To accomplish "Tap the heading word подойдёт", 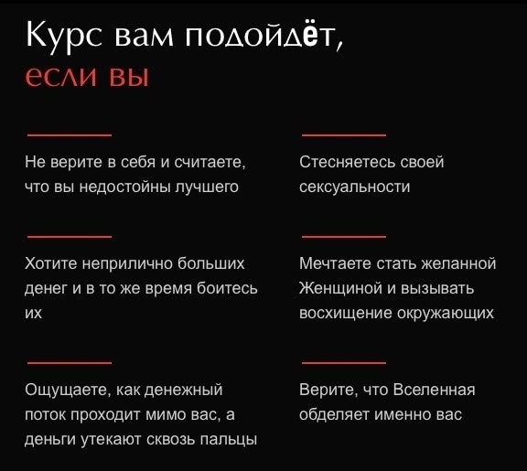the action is [x=263, y=35].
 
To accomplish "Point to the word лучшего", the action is [x=207, y=187].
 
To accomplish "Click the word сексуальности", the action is [x=355, y=187].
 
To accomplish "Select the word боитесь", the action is [x=227, y=288].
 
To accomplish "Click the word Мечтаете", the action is [x=335, y=263].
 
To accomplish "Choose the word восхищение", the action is [x=346, y=314].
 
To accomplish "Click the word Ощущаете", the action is [x=67, y=390].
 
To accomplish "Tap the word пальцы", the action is [x=229, y=440].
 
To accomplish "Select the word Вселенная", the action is [x=434, y=390].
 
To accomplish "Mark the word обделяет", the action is [x=335, y=414].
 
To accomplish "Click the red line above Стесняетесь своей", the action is [x=344, y=135].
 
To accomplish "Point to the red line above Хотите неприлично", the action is [x=70, y=237].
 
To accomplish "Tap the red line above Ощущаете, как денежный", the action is [x=70, y=363].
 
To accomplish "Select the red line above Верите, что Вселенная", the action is [x=344, y=363].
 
